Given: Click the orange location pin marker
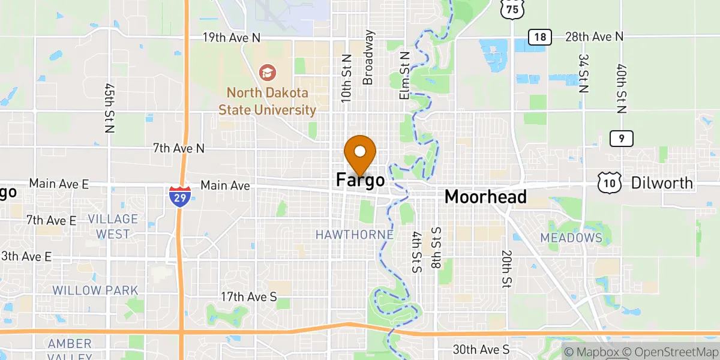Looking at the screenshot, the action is pyautogui.click(x=360, y=154).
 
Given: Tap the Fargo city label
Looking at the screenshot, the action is pyautogui.click(x=360, y=179).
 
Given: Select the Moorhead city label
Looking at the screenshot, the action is pyautogui.click(x=485, y=196).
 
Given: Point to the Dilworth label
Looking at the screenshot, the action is pyautogui.click(x=662, y=183).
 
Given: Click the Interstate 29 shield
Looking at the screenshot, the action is pyautogui.click(x=180, y=196).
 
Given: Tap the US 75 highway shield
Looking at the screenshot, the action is pyautogui.click(x=510, y=8).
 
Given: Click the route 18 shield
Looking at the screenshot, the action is pyautogui.click(x=540, y=37).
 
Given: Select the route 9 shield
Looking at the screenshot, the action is pyautogui.click(x=622, y=139).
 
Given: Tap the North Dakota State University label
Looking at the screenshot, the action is pyautogui.click(x=268, y=101).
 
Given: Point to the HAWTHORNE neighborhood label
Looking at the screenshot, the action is pyautogui.click(x=355, y=235).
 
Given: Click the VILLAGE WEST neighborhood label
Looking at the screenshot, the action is pyautogui.click(x=113, y=226).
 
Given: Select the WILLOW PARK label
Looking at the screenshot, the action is pyautogui.click(x=95, y=290).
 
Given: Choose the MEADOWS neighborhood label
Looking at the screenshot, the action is pyautogui.click(x=571, y=238).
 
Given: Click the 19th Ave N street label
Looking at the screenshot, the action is pyautogui.click(x=231, y=37).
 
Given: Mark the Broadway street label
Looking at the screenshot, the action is pyautogui.click(x=368, y=58).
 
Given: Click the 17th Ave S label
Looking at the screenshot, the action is pyautogui.click(x=248, y=296).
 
